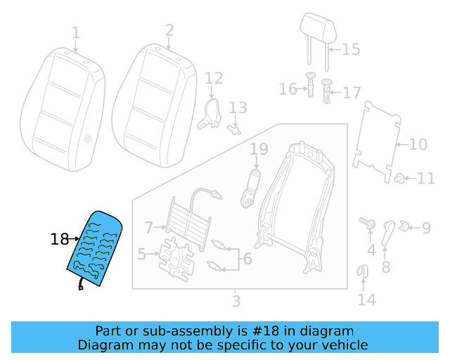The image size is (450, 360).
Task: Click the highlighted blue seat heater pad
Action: pyautogui.click(x=95, y=250)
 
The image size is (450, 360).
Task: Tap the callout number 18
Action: pyautogui.click(x=59, y=240)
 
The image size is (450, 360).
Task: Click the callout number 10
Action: pyautogui.click(x=418, y=145)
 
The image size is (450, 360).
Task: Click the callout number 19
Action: pyautogui.click(x=259, y=149)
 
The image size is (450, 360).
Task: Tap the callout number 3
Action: pyautogui.click(x=236, y=302)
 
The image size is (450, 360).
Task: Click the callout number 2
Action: pyautogui.click(x=169, y=30)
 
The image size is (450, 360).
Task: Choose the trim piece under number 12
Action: pyautogui.click(x=209, y=113)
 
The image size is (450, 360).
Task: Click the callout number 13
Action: pyautogui.click(x=238, y=108)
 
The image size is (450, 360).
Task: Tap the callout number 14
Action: pyautogui.click(x=366, y=301)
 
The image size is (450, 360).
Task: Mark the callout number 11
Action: pyautogui.click(x=426, y=178)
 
